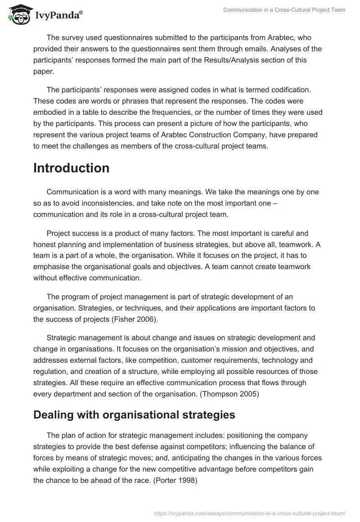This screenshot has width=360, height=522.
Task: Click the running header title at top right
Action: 284,10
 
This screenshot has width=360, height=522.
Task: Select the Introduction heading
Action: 71,168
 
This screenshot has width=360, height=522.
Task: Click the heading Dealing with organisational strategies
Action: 134,415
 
